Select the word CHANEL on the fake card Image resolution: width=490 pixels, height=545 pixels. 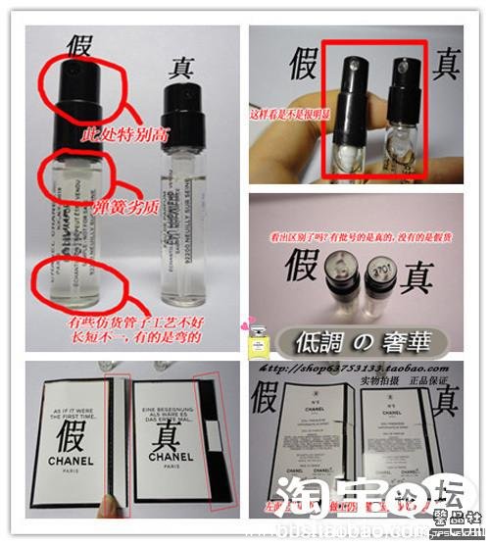click(x=73, y=462)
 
